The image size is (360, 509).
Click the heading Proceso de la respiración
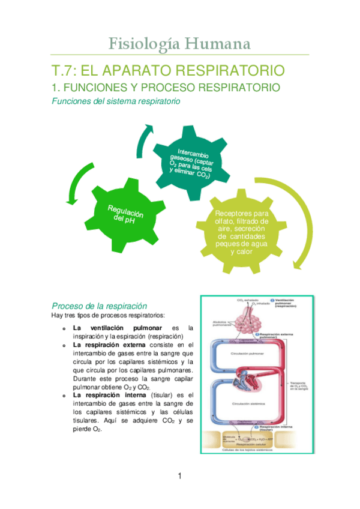click(x=99, y=306)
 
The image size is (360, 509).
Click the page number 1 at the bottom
click(x=179, y=477)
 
